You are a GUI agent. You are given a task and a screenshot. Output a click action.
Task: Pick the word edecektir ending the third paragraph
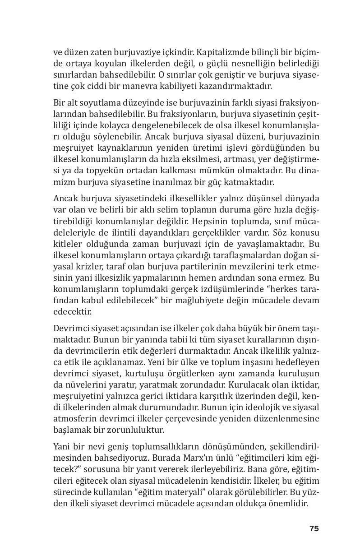[72, 311]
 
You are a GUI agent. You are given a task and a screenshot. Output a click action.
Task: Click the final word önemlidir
[288, 504]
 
